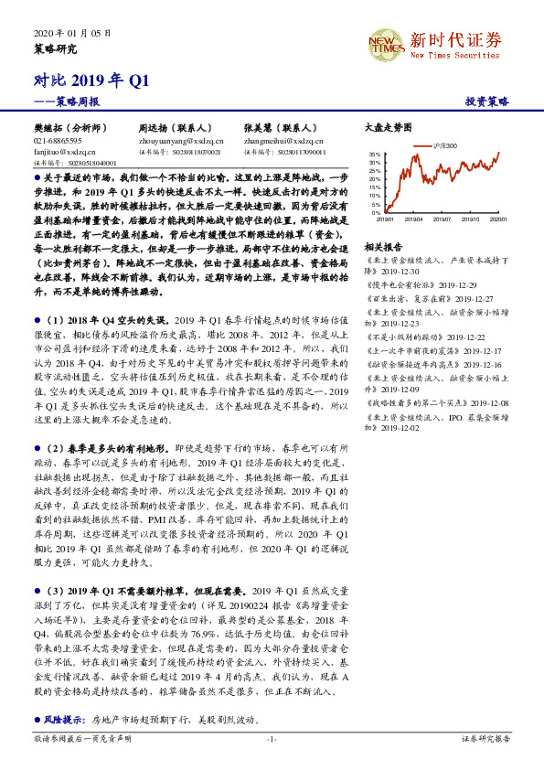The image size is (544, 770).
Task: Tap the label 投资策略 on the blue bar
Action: [487, 102]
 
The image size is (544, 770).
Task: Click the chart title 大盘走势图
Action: [388, 129]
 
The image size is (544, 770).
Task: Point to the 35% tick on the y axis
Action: [375, 155]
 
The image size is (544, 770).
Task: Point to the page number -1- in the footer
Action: [271, 739]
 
